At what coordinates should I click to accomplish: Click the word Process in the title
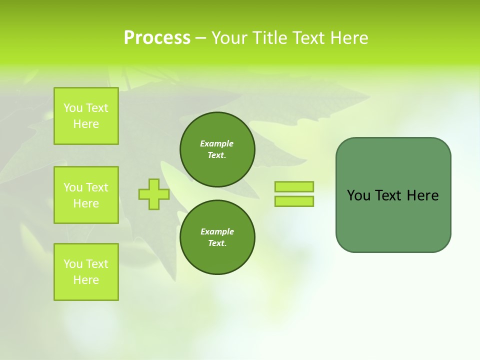point(157,38)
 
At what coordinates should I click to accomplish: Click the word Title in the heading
point(269,38)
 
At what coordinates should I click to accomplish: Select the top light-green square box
point(86,116)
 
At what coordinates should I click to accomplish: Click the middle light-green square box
point(86,195)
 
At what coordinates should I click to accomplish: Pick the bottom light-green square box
point(86,272)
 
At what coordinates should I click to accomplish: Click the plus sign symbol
point(154,194)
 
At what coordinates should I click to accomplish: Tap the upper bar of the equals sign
point(294,186)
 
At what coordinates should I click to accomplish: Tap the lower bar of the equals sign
point(294,201)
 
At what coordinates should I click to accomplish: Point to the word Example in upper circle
point(217,143)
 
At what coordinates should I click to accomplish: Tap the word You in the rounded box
point(358,195)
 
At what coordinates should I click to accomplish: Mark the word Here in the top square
point(86,124)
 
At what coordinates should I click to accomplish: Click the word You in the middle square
point(73,187)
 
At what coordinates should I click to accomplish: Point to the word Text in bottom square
point(97,264)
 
